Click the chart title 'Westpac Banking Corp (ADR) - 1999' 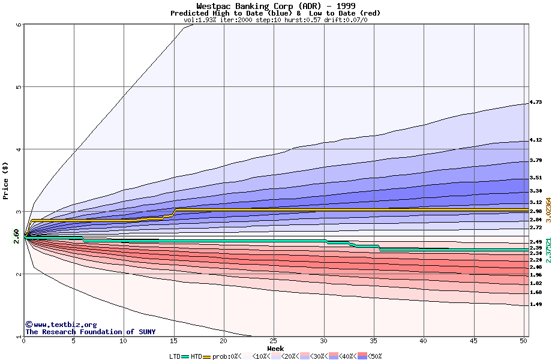275,6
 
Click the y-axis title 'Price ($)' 6,180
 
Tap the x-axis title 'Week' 275,348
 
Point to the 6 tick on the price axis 19,25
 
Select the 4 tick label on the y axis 19,149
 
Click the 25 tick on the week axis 274,341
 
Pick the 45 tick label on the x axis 473,341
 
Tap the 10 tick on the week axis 124,341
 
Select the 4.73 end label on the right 536,103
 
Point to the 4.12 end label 536,140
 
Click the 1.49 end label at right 536,304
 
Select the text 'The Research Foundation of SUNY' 90,332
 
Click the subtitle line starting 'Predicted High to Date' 275,13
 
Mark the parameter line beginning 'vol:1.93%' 275,20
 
